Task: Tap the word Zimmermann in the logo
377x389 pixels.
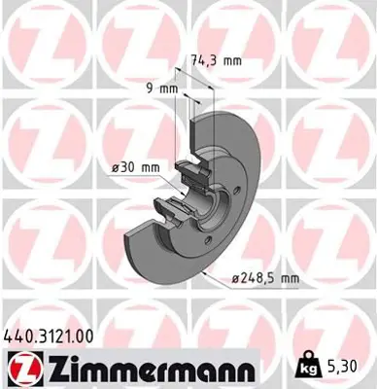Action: click(x=144, y=370)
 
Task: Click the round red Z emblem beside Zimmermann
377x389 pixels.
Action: click(x=20, y=370)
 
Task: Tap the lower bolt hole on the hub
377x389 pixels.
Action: click(x=211, y=232)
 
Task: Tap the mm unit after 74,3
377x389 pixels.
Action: click(x=229, y=58)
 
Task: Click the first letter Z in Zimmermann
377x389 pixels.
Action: click(x=47, y=370)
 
